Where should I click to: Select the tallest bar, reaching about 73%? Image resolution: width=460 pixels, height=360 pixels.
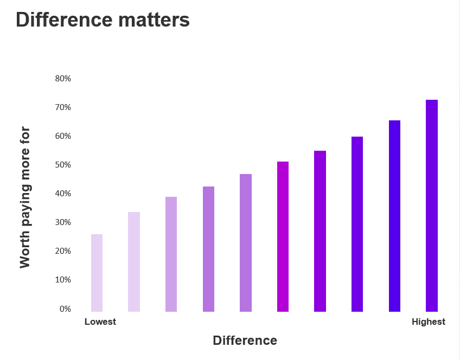click(x=432, y=206)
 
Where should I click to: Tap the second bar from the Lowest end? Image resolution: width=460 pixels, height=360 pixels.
click(x=134, y=262)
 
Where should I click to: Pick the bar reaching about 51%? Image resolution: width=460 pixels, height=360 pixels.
click(x=283, y=236)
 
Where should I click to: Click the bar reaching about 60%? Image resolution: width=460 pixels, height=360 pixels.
click(x=357, y=224)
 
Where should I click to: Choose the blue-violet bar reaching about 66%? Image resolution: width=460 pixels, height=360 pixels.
click(x=394, y=216)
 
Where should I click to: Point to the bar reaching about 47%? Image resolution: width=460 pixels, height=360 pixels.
click(x=246, y=243)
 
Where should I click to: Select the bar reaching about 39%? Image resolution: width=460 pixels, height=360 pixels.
click(x=171, y=254)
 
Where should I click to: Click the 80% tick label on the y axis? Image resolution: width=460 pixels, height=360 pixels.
click(x=63, y=79)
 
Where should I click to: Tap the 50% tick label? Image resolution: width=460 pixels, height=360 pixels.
click(x=63, y=165)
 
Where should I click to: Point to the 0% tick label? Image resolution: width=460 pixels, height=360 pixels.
click(x=65, y=309)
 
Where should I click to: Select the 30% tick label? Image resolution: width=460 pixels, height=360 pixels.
click(x=63, y=222)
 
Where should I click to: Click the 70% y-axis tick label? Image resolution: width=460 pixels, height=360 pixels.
click(x=63, y=107)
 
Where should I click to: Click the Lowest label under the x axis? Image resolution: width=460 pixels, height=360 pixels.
click(x=100, y=322)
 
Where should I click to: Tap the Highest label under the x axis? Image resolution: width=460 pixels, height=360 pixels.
click(x=429, y=322)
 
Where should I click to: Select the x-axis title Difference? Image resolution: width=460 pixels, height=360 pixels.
click(x=245, y=340)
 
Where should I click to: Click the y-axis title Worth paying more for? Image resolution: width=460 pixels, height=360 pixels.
click(x=25, y=197)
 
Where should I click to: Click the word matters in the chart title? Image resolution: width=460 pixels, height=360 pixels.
click(x=154, y=20)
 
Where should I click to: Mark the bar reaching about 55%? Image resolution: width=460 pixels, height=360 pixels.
click(x=320, y=231)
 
